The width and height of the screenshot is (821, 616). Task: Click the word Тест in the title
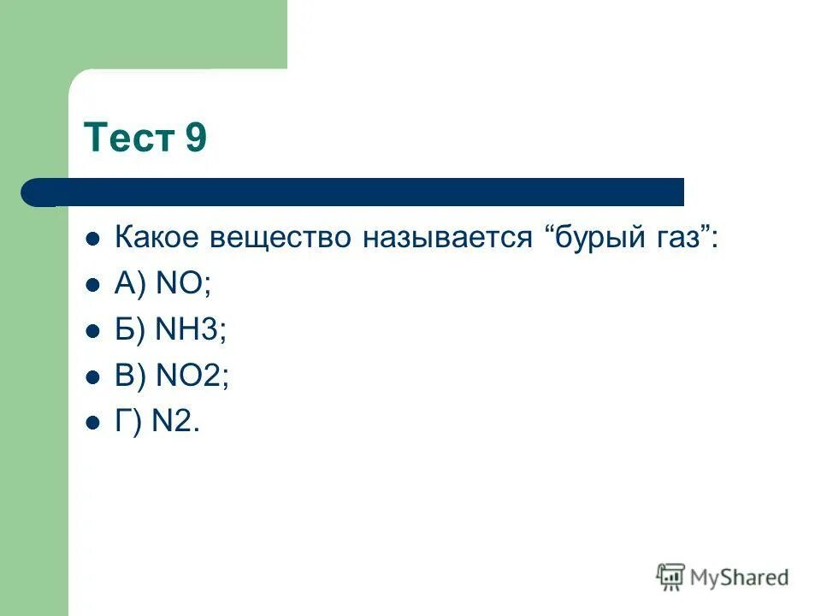coord(128,138)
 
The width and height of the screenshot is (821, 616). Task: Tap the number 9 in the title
coord(195,138)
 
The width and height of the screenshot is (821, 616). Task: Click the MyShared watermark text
coord(740,577)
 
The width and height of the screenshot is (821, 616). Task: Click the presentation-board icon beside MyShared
coord(670,577)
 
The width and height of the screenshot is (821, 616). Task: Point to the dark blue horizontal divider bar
coord(359,192)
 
